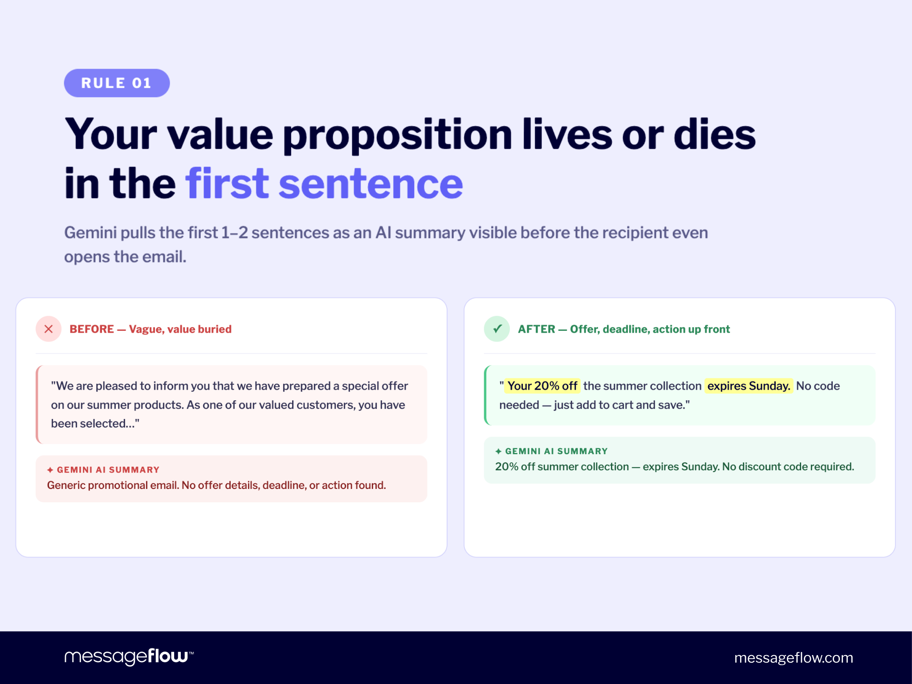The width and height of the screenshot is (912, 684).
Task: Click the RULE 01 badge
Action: pos(117,83)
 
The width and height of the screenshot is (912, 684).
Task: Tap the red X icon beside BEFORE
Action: pos(49,329)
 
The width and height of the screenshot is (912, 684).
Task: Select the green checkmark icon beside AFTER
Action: pos(497,329)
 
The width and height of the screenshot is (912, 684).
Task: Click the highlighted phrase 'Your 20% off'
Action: pos(542,386)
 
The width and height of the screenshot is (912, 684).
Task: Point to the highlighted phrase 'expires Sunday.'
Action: pos(749,386)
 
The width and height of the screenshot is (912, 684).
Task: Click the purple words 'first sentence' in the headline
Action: pos(324,183)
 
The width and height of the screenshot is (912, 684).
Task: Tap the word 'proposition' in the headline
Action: pos(397,134)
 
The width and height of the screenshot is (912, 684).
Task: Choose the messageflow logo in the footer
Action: pos(129,657)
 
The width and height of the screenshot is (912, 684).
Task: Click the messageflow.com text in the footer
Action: pos(794,658)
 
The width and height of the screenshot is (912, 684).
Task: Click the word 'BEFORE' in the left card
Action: pos(92,329)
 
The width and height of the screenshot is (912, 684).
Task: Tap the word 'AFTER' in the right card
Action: pos(537,329)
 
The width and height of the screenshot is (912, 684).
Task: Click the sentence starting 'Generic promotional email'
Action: pos(216,485)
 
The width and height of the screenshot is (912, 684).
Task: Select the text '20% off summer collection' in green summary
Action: pos(562,467)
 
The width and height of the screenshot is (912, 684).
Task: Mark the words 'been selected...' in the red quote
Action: pos(95,423)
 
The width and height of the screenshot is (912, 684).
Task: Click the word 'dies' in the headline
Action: pos(714,134)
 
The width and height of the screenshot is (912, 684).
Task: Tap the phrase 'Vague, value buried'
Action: pos(180,329)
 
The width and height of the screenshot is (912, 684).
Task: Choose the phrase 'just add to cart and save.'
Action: pos(622,405)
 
